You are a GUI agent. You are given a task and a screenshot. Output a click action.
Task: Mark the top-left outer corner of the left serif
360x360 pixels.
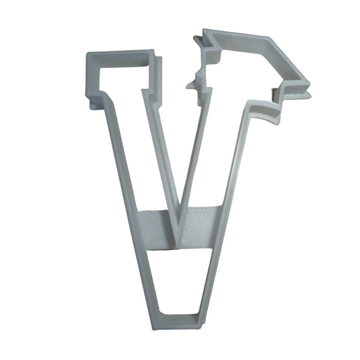click(88, 53)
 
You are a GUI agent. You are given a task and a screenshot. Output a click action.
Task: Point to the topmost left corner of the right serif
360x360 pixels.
click(205, 31)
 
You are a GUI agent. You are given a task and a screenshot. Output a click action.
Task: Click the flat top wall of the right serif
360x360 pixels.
click(236, 36)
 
